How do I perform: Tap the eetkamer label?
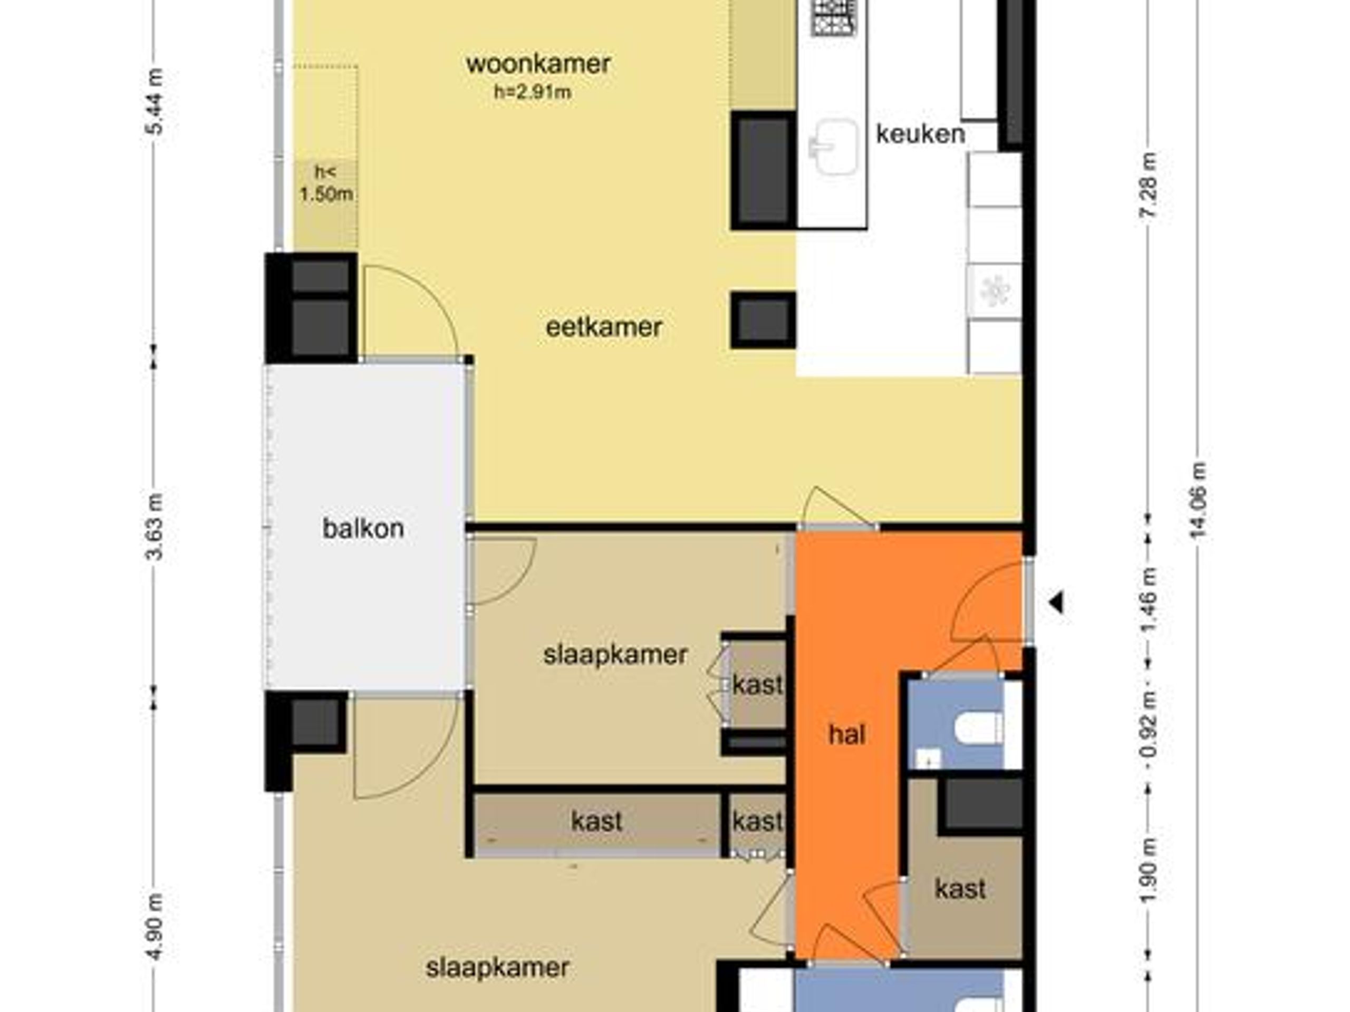604,327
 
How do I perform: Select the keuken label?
920,133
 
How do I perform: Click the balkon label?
363,528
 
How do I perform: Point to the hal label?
847,734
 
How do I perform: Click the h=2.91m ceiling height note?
533,92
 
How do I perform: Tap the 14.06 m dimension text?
1199,500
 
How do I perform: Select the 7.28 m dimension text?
1149,185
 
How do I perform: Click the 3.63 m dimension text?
156,527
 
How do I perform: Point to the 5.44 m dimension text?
156,101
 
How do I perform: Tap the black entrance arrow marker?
1057,604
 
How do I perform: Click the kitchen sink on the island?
833,147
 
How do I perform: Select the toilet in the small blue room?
978,729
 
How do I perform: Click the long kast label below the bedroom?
596,821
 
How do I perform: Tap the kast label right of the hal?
960,889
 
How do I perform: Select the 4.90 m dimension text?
156,927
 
